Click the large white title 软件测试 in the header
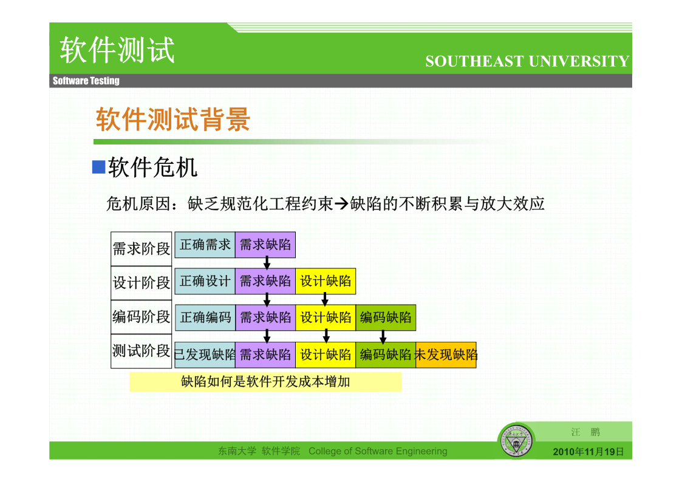[117, 50]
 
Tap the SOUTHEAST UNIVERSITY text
[527, 61]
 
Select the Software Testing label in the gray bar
[86, 81]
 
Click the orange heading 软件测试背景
[173, 119]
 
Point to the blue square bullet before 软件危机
[99, 167]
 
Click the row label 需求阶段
[142, 249]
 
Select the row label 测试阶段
[142, 351]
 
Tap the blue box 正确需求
[205, 245]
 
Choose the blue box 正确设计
[205, 281]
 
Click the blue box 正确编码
[205, 317]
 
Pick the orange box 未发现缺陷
[446, 355]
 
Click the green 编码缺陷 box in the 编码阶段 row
[386, 317]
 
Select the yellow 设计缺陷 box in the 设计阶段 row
[326, 281]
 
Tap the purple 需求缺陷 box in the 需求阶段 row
[265, 245]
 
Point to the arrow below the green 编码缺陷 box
[383, 336]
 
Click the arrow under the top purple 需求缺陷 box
[267, 263]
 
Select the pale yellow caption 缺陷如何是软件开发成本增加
[265, 382]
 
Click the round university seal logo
[516, 441]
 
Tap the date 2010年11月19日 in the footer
[588, 452]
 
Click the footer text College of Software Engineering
[378, 451]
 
